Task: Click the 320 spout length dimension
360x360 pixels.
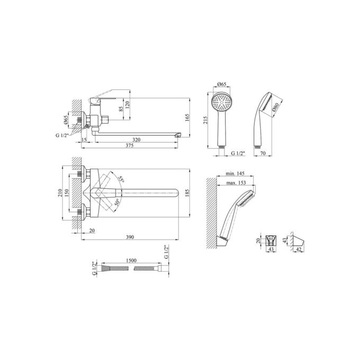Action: (x=137, y=140)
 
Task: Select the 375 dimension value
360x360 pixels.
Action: (x=130, y=146)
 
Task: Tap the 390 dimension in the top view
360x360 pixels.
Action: (x=130, y=237)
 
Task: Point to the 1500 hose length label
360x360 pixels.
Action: (x=131, y=260)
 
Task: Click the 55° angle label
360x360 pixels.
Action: (x=121, y=179)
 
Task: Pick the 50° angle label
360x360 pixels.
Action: (x=116, y=202)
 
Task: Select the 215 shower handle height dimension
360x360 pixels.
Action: (x=205, y=120)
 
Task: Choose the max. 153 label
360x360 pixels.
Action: (x=236, y=183)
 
